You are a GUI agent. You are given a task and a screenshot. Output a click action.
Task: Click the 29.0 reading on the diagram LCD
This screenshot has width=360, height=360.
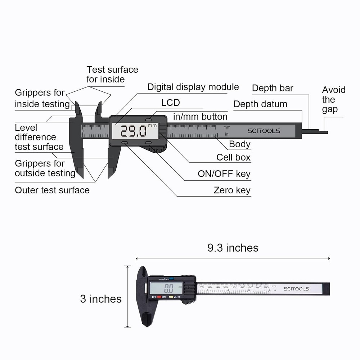(133, 131)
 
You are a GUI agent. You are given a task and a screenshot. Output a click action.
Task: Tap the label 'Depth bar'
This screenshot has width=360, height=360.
(273, 88)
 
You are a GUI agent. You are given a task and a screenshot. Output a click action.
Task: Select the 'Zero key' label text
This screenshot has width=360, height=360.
(232, 190)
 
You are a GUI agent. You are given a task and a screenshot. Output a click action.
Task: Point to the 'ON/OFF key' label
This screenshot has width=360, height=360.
(224, 174)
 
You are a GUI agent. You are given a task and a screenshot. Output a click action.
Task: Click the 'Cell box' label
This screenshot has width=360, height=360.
(233, 157)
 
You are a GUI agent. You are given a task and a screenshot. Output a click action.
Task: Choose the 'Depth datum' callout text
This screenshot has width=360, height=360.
(260, 104)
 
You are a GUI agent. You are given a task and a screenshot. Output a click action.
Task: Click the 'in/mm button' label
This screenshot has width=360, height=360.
(200, 117)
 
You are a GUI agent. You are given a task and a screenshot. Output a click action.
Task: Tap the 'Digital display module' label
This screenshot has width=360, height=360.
(193, 87)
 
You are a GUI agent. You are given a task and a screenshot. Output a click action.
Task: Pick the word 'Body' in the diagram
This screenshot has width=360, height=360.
(239, 144)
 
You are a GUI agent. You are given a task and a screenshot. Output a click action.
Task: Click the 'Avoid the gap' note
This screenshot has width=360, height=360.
(333, 100)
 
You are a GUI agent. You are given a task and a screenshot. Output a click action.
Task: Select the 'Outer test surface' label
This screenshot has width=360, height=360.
(52, 190)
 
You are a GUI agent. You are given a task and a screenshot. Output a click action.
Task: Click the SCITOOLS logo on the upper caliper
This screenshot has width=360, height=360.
(264, 131)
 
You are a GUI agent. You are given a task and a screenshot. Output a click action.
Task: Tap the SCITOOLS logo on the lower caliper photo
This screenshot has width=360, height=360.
(296, 289)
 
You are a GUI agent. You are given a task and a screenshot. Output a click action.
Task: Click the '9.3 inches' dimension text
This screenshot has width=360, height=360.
(233, 248)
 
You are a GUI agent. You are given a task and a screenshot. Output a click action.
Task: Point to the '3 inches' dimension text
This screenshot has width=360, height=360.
(101, 299)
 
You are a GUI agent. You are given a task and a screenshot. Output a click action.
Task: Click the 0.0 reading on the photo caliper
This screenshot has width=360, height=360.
(168, 288)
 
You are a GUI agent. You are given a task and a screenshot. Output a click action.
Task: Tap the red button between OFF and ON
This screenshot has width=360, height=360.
(159, 297)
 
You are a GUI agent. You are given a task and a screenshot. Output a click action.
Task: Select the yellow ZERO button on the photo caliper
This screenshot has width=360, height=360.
(171, 297)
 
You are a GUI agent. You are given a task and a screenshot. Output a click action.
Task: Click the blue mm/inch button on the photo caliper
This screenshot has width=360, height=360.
(172, 278)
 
